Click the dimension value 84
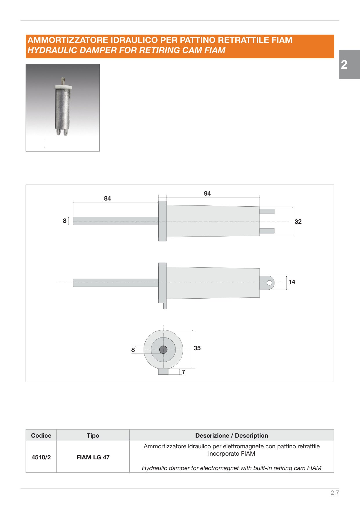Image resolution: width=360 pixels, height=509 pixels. (107, 198)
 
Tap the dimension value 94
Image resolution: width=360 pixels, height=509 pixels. (207, 194)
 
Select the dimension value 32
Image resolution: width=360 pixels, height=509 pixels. (298, 222)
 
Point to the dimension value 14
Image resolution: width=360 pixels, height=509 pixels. (292, 282)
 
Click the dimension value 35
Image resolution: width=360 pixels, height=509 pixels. (197, 348)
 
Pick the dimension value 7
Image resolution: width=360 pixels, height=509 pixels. (183, 372)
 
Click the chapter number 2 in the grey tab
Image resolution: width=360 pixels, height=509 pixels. (344, 64)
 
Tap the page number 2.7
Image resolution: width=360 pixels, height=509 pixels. (335, 493)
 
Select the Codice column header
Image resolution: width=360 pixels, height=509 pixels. (41, 436)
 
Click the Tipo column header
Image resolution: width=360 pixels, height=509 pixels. (93, 436)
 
